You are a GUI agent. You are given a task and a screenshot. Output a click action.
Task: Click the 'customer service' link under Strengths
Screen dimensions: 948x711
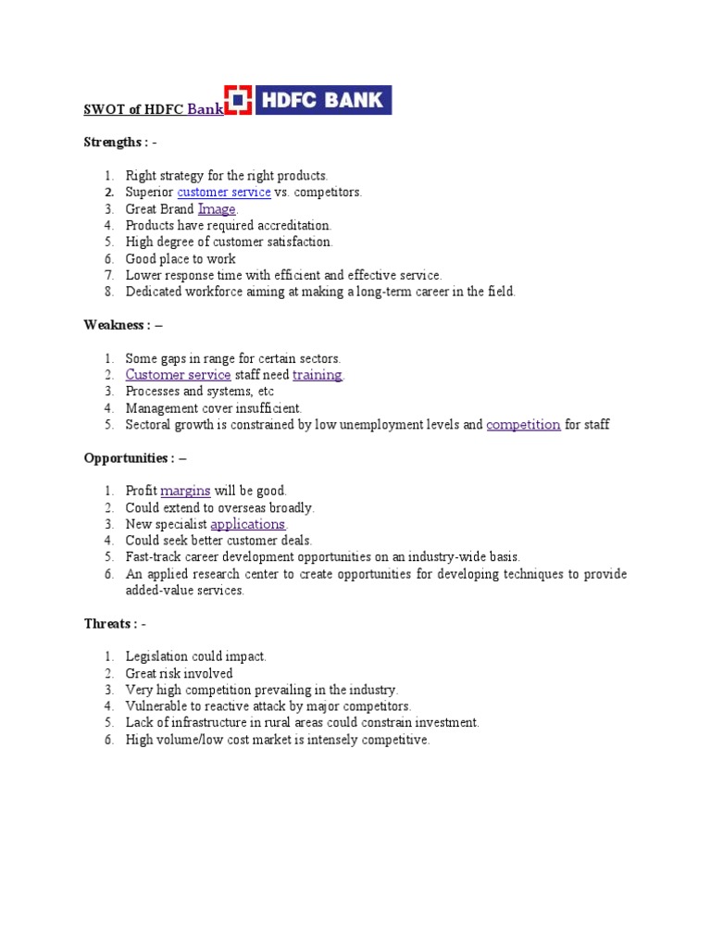click(x=224, y=193)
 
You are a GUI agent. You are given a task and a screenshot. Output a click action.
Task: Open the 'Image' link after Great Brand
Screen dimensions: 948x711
click(x=217, y=209)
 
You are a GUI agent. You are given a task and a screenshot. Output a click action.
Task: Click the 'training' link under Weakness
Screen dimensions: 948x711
click(x=318, y=375)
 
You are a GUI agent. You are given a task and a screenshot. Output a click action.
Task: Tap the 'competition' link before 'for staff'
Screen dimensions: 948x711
click(x=523, y=425)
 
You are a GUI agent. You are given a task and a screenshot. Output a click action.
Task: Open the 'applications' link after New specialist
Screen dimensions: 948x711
click(x=247, y=524)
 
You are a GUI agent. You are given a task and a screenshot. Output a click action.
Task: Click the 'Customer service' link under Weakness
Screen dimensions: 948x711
click(x=178, y=375)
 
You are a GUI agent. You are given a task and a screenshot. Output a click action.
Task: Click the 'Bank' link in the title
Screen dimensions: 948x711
click(x=206, y=109)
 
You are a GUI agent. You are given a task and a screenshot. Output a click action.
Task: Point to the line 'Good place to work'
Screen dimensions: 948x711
click(x=181, y=259)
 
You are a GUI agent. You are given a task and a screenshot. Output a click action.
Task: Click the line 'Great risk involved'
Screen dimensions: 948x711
click(x=179, y=674)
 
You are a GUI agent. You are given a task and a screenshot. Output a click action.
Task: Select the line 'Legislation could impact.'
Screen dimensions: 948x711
click(x=195, y=657)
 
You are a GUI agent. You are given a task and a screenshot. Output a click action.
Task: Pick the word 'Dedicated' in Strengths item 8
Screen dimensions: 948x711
click(x=154, y=293)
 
